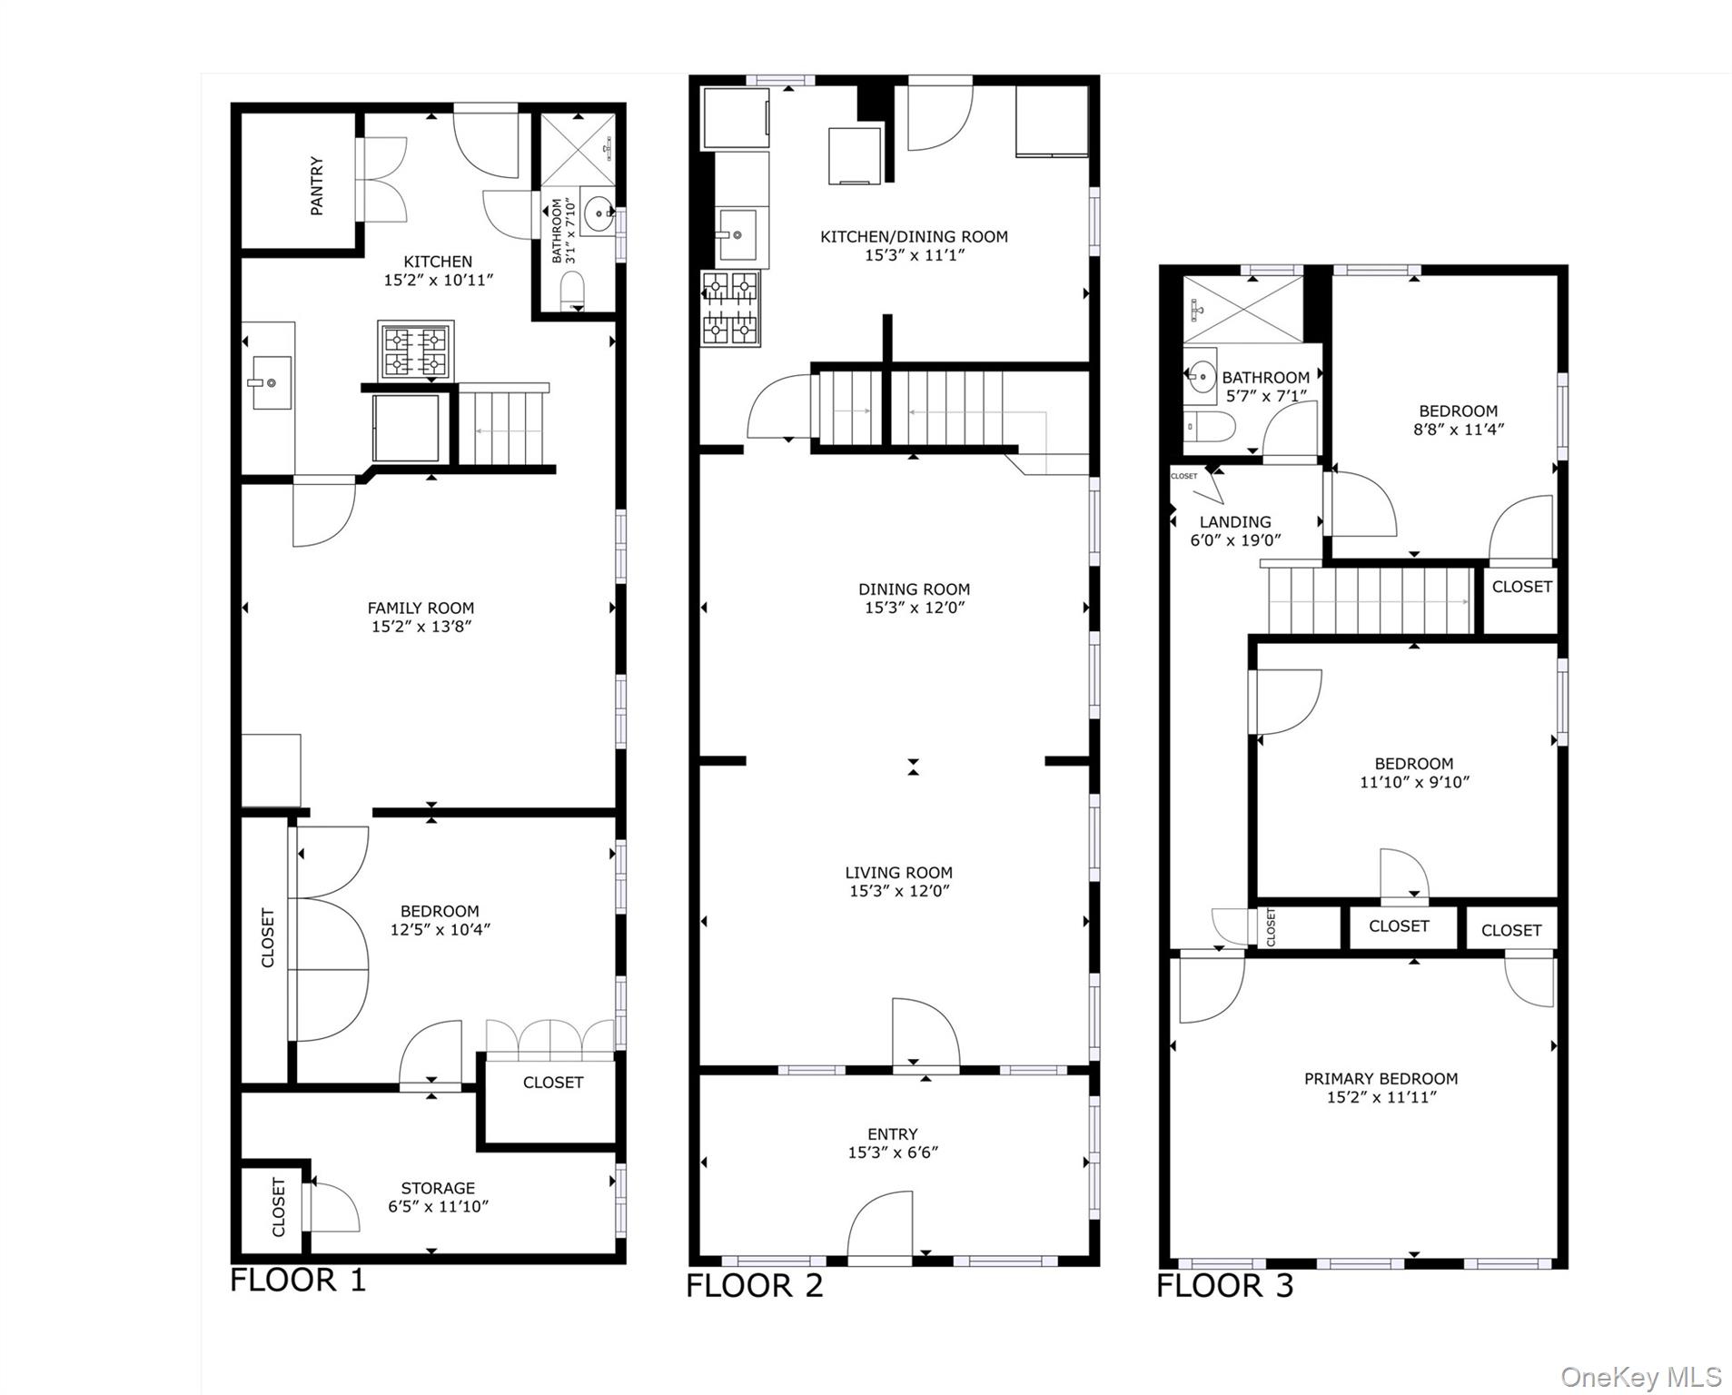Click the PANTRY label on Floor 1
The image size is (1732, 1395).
316,185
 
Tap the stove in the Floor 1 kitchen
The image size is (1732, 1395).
416,351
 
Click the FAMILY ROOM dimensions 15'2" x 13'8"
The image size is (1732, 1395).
421,627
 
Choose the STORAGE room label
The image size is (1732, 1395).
438,1188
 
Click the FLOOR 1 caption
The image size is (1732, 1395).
297,1280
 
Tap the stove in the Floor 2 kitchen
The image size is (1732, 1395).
730,309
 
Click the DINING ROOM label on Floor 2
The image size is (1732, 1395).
914,589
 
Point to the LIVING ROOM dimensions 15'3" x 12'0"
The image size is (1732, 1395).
898,891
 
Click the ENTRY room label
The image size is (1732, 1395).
892,1133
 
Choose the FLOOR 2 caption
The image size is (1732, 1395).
754,1285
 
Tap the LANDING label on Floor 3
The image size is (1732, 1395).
1234,521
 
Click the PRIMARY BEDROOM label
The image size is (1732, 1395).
1381,1078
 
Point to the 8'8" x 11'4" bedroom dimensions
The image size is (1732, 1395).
1458,430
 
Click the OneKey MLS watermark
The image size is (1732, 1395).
1640,1377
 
